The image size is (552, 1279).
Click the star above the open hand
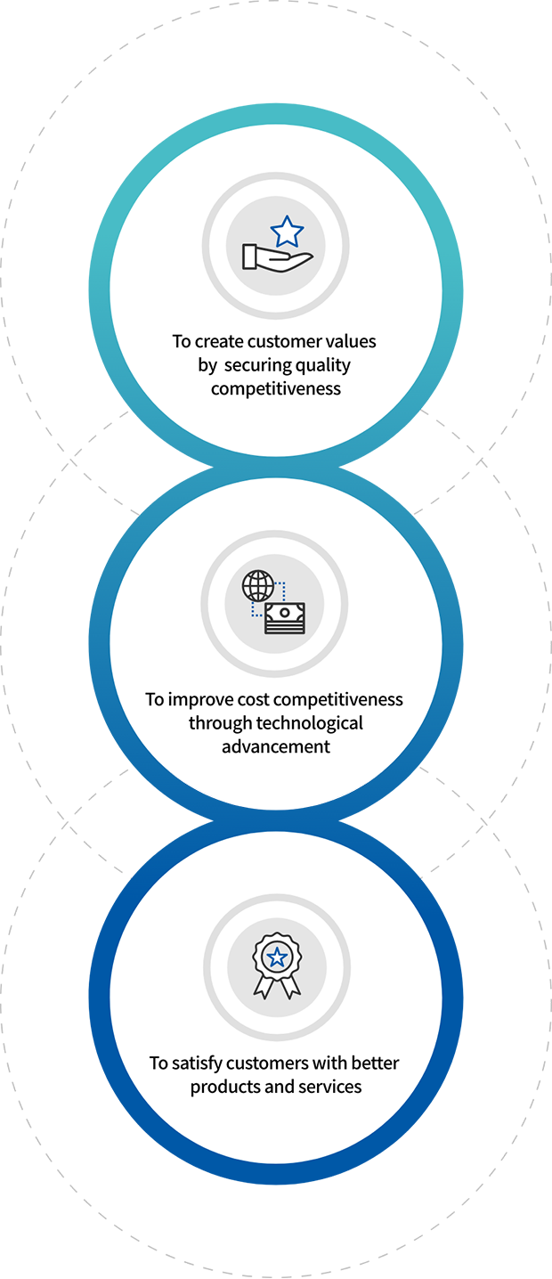click(287, 232)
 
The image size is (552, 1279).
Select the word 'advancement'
click(276, 746)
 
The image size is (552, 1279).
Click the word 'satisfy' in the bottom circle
click(198, 1063)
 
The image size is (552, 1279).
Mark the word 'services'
click(330, 1087)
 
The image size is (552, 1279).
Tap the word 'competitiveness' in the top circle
click(276, 389)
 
